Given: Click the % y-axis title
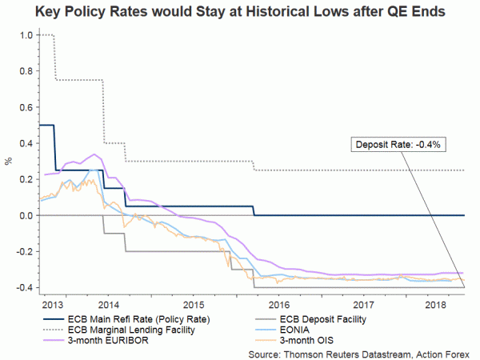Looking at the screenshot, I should [8, 162].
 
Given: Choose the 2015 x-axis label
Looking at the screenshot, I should [193, 306].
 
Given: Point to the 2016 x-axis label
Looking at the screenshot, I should [278, 306].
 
